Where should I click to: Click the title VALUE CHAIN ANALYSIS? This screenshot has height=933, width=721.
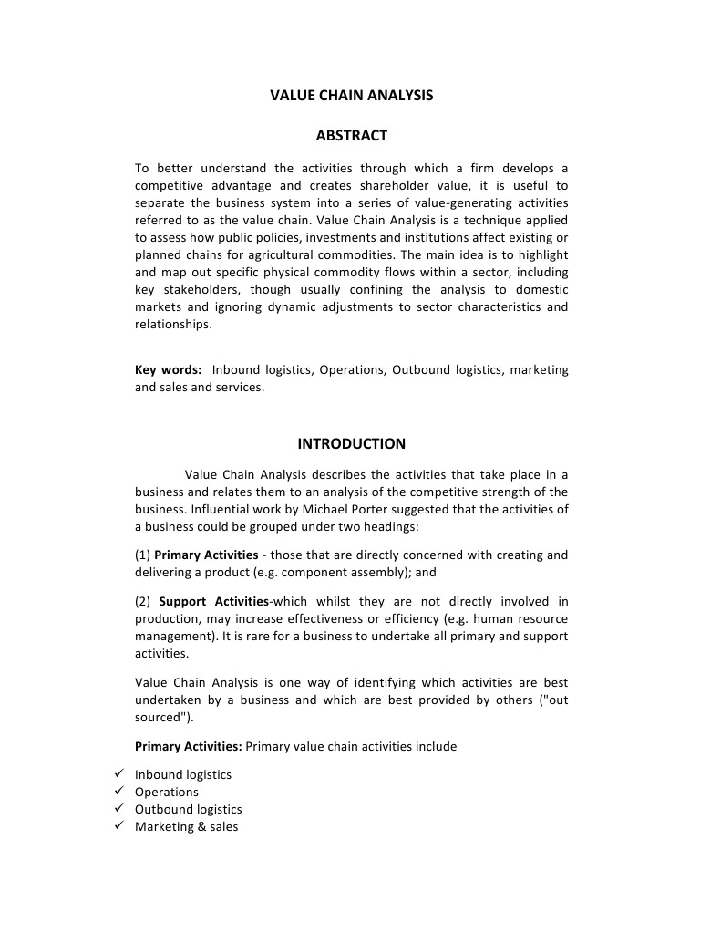(351, 95)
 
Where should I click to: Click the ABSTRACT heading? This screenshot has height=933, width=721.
(351, 136)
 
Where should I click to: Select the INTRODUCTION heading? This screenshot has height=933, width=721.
(351, 444)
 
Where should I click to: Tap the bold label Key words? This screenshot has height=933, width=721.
(168, 369)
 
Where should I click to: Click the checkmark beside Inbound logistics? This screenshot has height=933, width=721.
(118, 774)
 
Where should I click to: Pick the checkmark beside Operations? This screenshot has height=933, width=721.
(118, 792)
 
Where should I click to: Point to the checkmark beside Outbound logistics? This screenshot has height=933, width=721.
(118, 809)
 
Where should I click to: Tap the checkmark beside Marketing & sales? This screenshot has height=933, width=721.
(118, 826)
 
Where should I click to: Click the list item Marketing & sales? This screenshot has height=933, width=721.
(186, 827)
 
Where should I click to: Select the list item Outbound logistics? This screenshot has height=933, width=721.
(188, 810)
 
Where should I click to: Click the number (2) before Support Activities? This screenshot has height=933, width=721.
(143, 602)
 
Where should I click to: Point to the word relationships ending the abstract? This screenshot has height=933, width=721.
(172, 324)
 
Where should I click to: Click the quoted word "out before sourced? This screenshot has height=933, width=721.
(554, 700)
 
